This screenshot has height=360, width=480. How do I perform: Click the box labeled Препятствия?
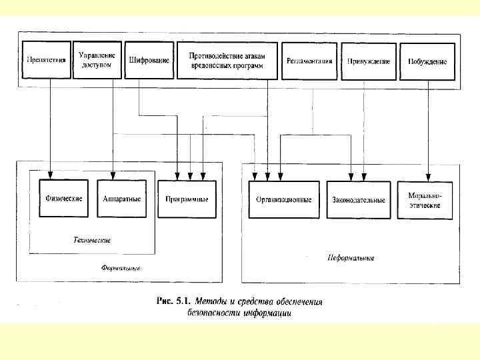(x=46, y=61)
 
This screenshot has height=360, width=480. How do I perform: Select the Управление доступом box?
(x=97, y=61)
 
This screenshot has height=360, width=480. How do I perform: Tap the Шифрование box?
(x=149, y=61)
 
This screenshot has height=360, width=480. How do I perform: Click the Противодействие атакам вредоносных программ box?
(x=227, y=61)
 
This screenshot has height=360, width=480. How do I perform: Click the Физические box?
(x=63, y=199)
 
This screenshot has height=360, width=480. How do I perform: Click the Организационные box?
(x=284, y=199)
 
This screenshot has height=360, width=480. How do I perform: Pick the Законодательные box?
(x=358, y=199)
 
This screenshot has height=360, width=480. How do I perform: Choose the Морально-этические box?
(x=425, y=200)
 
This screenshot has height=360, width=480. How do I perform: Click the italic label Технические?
(x=91, y=240)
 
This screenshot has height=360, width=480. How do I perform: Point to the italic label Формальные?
(x=121, y=269)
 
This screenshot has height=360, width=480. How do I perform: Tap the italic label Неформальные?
(x=351, y=258)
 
